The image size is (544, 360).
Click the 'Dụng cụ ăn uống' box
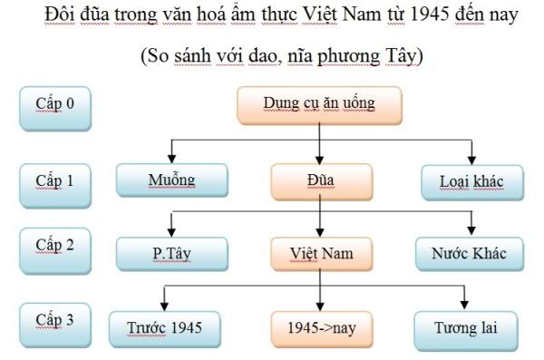[x=318, y=104]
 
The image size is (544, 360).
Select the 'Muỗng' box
[x=170, y=180]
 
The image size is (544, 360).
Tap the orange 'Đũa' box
[x=318, y=180]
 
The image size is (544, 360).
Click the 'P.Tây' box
[x=170, y=253]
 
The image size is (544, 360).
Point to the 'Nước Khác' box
[x=470, y=253]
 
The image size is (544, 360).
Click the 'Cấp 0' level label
[x=54, y=102]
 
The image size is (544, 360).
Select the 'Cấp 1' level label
[x=54, y=179]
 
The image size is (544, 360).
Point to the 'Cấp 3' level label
[x=54, y=321]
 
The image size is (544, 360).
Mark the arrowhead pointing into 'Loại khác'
[x=471, y=159]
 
